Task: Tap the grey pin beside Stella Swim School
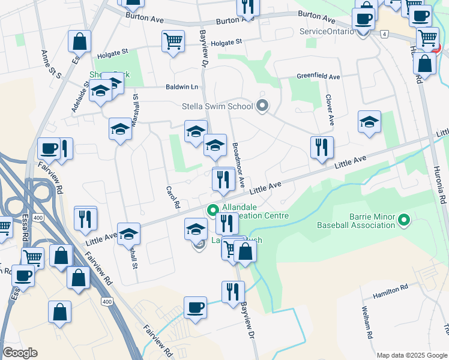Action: tap(262, 106)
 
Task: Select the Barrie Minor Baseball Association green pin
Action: tap(403, 221)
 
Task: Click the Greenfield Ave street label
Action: tap(318, 77)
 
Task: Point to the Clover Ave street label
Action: tap(329, 109)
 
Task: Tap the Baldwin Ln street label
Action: tap(182, 86)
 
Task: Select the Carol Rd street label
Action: tap(173, 196)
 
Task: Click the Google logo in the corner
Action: tap(20, 353)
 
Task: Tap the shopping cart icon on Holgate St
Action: tap(173, 41)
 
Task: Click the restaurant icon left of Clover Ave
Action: tap(322, 147)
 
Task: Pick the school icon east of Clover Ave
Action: tap(369, 122)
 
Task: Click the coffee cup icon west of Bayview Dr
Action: tap(195, 307)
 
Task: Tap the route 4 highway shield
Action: tap(383, 34)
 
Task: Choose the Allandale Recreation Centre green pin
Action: tap(212, 211)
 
